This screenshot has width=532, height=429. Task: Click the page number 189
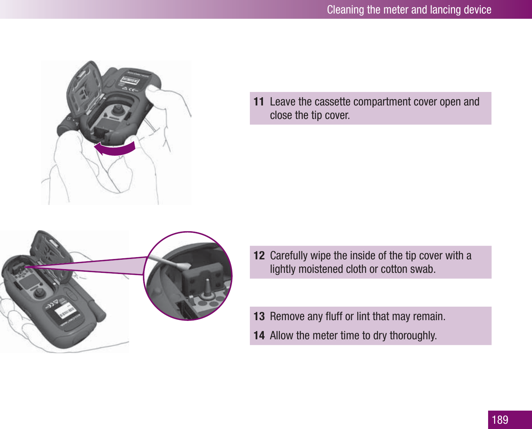point(500,420)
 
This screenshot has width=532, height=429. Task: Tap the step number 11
point(259,102)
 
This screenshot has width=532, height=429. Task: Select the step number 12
point(259,256)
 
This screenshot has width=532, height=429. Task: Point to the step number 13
point(259,316)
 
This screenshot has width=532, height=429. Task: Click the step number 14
point(259,335)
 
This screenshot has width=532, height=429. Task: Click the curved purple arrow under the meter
point(115,149)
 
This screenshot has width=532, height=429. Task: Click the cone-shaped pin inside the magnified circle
point(207,288)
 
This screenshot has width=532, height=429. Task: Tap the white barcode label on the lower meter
point(65,311)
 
